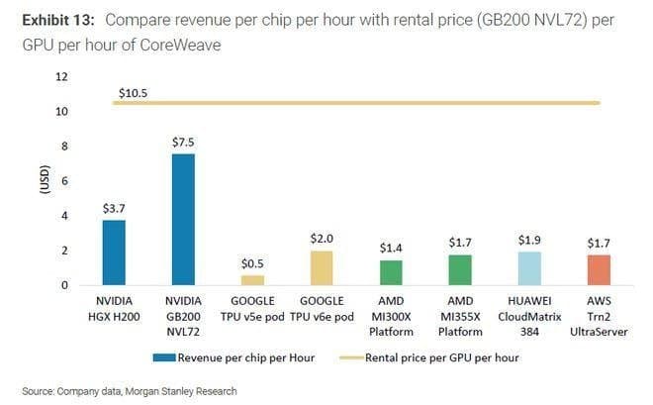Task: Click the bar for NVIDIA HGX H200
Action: tap(114, 253)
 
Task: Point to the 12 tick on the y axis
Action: tap(61, 76)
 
